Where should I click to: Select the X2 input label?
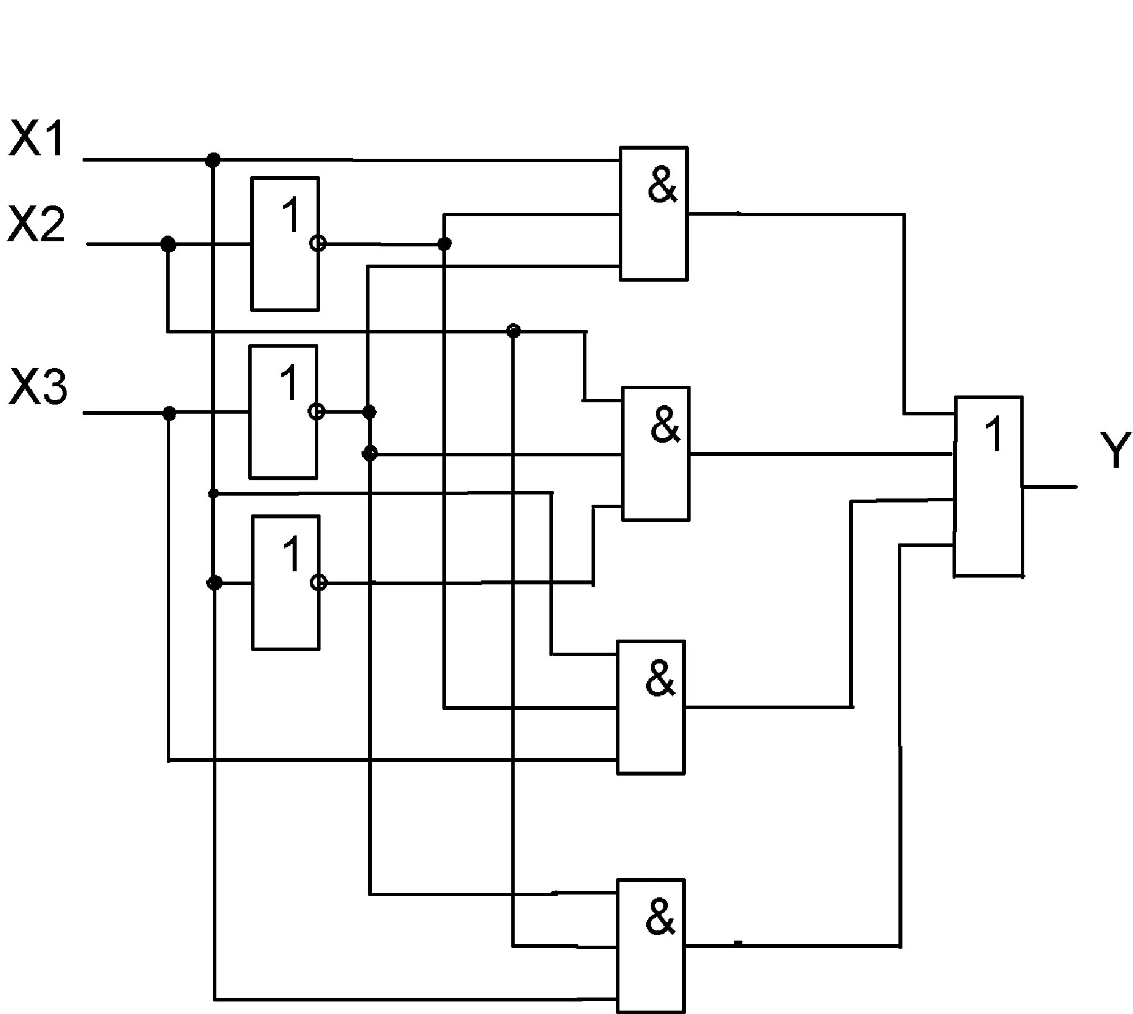36,225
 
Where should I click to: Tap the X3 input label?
38,387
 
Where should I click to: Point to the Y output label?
1115,450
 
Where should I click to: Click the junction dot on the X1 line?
212,160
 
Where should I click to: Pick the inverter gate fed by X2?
285,244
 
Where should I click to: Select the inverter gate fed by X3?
283,411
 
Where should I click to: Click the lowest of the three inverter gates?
286,582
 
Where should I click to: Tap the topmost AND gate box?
654,213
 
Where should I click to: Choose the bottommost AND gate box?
650,946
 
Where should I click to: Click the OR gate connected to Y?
988,487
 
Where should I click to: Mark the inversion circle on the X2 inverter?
318,244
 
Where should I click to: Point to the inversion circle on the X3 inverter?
317,411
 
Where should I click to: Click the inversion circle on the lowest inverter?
319,582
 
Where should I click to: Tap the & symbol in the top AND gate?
663,186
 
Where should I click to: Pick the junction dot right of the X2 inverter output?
445,244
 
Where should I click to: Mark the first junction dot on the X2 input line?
168,245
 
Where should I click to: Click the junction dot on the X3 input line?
169,413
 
